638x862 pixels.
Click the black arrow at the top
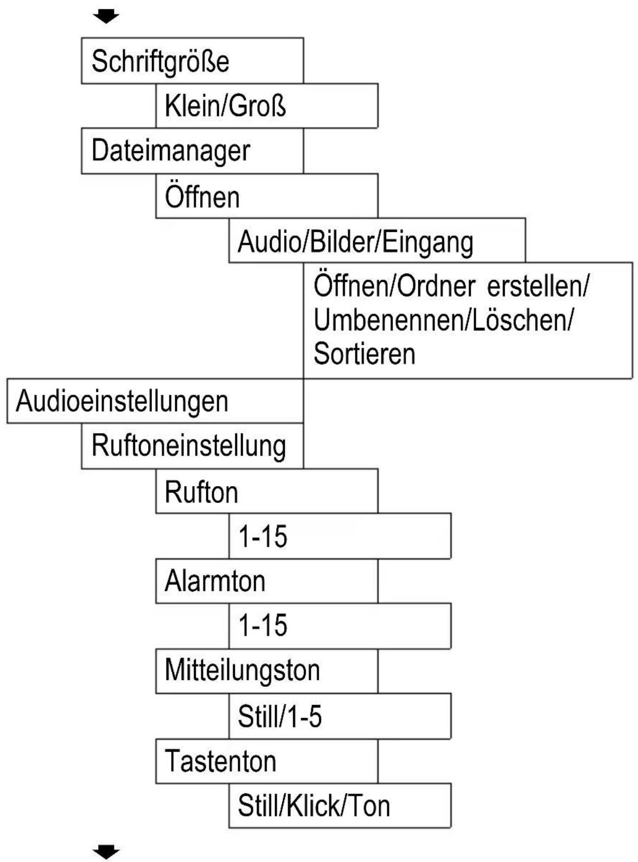click(x=106, y=17)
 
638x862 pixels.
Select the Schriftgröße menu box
click(x=192, y=61)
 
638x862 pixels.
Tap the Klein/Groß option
click(x=266, y=106)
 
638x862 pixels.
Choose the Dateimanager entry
click(x=192, y=151)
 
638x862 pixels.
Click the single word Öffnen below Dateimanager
click(x=202, y=197)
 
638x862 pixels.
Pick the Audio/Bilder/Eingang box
click(x=377, y=241)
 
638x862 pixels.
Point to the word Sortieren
click(x=365, y=354)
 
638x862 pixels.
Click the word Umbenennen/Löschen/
click(x=443, y=320)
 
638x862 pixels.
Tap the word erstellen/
click(x=537, y=286)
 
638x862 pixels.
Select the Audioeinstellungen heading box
click(x=155, y=401)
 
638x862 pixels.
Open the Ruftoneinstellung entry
click(x=192, y=446)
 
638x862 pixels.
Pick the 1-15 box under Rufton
click(x=340, y=537)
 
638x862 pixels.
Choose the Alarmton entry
click(x=215, y=581)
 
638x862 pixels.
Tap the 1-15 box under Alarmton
click(x=340, y=625)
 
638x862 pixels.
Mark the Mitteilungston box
click(x=242, y=671)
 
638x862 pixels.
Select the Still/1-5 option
click(x=340, y=716)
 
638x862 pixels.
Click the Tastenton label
click(x=220, y=761)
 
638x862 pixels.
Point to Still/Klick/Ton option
click(x=340, y=806)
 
